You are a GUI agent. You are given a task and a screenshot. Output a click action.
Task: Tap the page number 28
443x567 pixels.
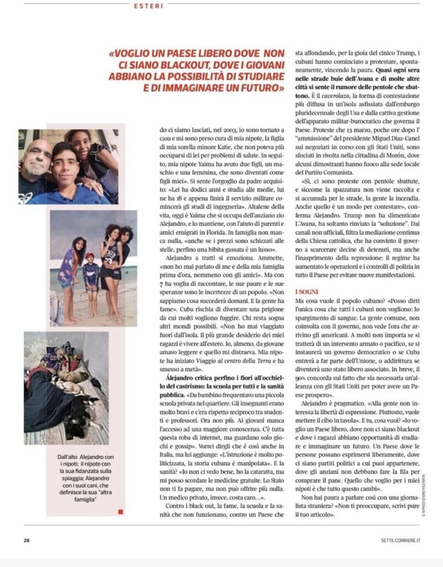pyautogui.click(x=26, y=540)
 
